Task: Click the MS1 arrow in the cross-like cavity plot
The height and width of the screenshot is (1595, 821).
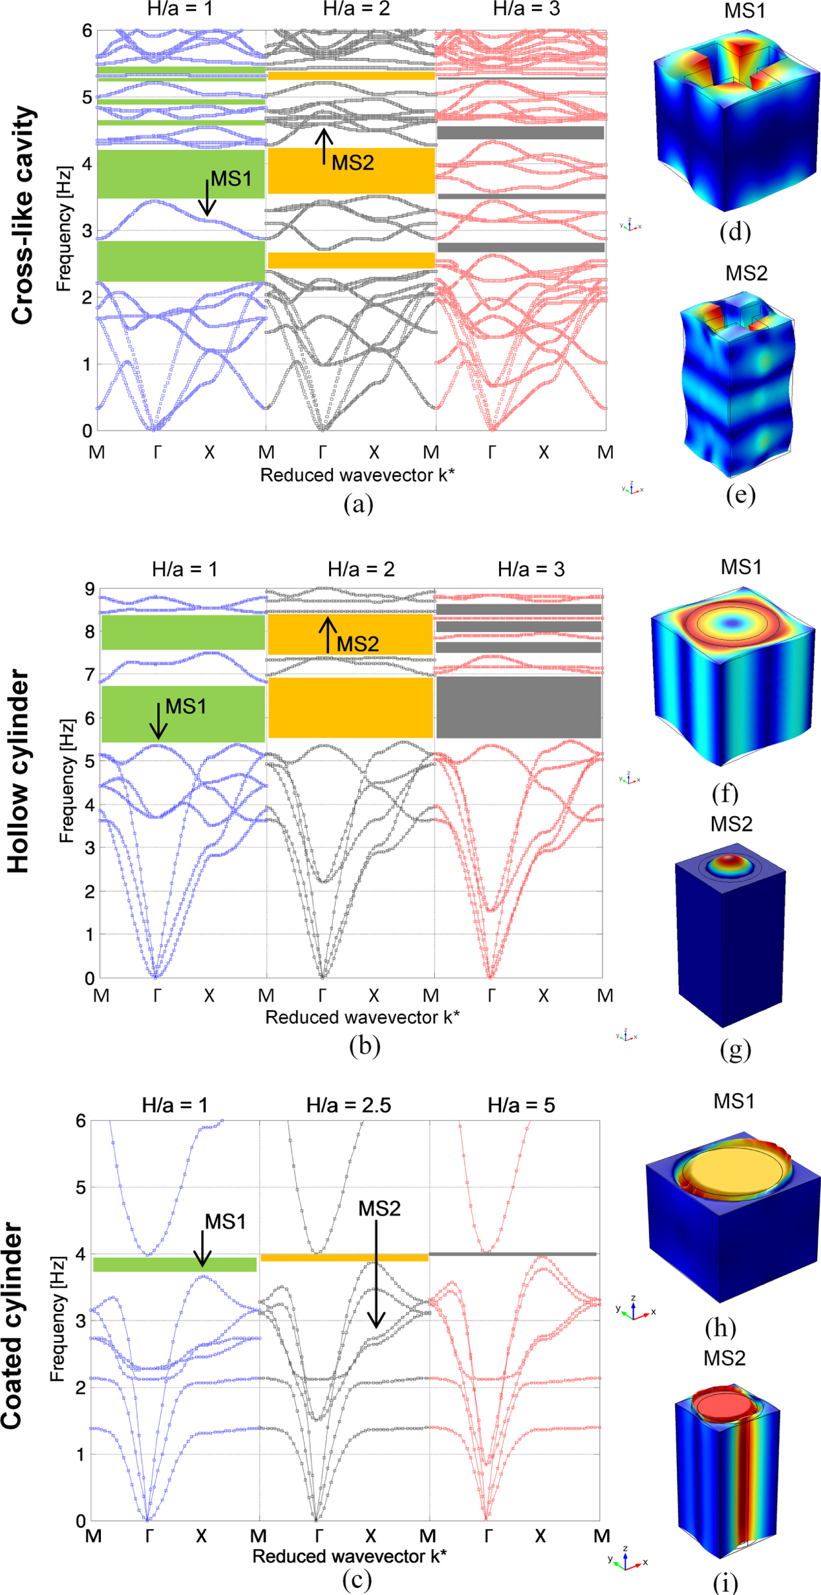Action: pos(207,197)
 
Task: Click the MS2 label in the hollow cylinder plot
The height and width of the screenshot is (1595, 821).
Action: pos(357,644)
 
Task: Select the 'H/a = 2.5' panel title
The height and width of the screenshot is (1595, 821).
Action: pos(348,1104)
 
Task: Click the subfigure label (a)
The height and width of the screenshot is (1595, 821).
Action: pos(358,503)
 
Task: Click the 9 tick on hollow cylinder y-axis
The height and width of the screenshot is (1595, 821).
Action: pos(89,589)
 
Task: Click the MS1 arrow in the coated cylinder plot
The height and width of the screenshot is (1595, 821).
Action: pos(202,1248)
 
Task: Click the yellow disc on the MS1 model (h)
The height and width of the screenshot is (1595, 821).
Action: pos(734,1172)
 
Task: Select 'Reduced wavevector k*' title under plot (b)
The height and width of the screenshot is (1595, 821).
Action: pos(362,1017)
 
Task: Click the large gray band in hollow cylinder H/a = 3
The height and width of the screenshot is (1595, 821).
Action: pos(518,707)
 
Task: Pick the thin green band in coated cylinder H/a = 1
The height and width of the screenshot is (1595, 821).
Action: pos(175,1264)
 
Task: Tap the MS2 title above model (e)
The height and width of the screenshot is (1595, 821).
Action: pos(746,273)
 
